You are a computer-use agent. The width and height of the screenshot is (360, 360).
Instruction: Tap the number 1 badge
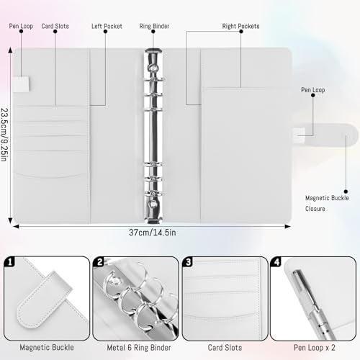click(x=10, y=264)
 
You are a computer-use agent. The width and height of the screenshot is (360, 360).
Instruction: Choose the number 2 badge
click(x=100, y=264)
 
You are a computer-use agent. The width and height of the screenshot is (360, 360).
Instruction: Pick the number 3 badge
click(x=189, y=264)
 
